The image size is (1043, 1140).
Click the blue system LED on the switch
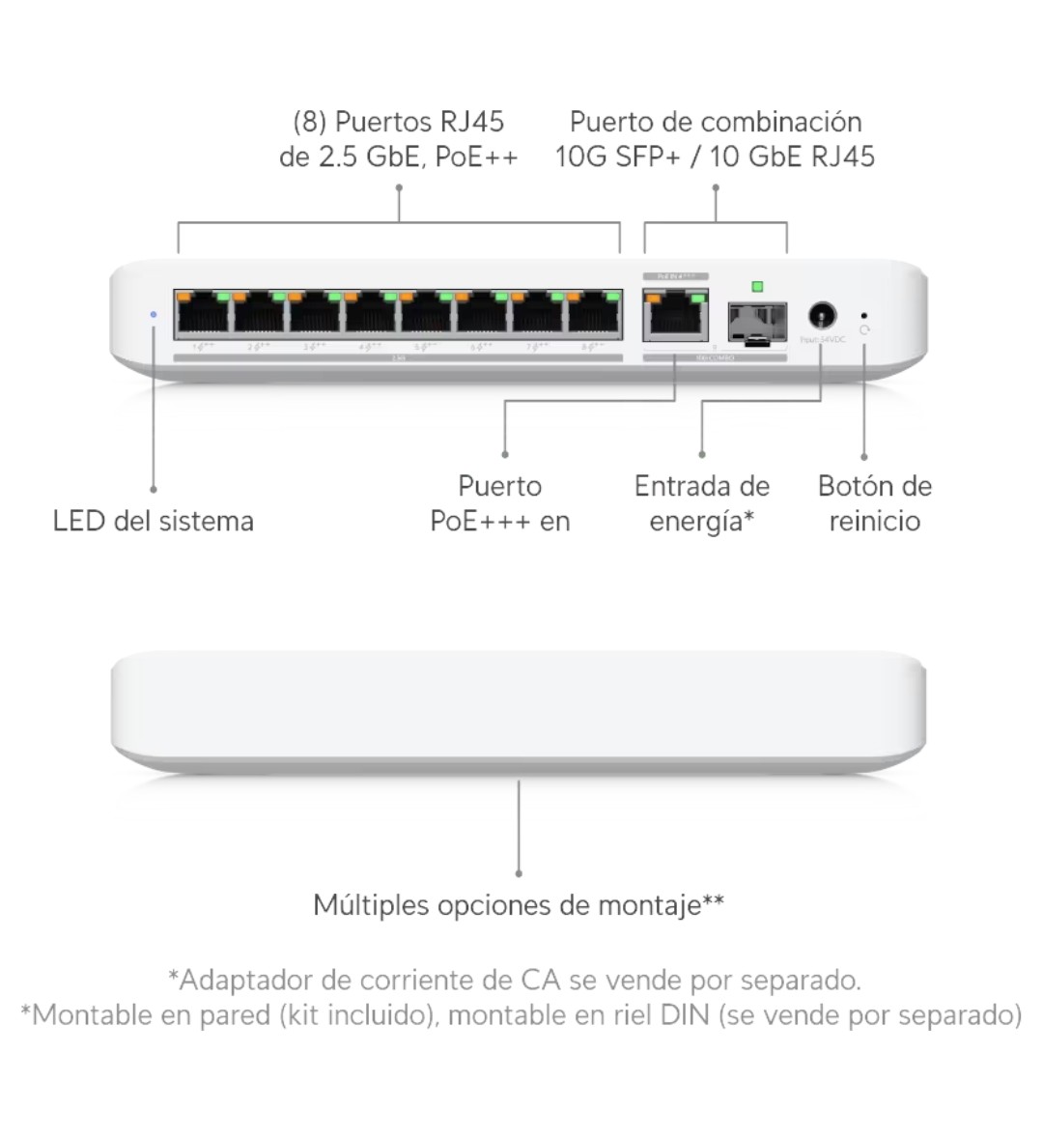(154, 314)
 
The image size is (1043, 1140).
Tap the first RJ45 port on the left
(203, 314)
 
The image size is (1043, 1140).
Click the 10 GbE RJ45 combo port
(675, 315)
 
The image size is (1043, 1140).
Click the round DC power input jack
(821, 315)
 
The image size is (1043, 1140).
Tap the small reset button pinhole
(863, 314)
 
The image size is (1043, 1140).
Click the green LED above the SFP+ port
(757, 286)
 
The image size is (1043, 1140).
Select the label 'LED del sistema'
(154, 522)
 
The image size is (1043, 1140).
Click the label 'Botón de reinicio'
(875, 503)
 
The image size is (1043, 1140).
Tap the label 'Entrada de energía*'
(702, 503)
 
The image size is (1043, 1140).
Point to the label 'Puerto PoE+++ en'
(500, 503)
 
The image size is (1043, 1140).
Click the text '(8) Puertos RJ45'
(399, 123)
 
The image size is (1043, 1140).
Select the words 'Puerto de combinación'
(716, 123)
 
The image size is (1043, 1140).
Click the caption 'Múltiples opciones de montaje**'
(519, 905)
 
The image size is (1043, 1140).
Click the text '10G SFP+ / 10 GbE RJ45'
(716, 157)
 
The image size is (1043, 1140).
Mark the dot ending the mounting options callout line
(519, 873)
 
